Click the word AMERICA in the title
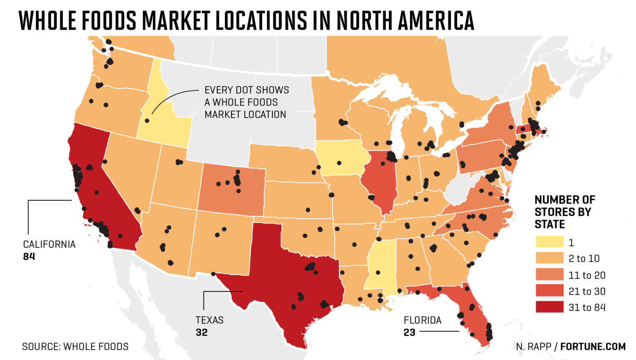pos(436,21)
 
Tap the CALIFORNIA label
pos(49,245)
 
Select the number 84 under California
pos(29,257)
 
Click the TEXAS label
pos(210,320)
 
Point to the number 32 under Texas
pos(202,333)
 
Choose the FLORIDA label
pos(422,320)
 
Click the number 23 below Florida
pos(410,333)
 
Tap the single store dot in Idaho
pos(147,121)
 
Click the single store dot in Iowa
pos(339,163)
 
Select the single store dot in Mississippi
pos(378,273)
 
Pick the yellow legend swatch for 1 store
pos(549,242)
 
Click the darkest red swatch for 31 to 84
pos(549,307)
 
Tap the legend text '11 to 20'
pos(587,275)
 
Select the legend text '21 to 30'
pos(587,291)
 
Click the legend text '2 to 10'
pos(584,259)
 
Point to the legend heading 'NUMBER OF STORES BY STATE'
pos(564,212)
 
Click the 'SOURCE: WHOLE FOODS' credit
pos(75,347)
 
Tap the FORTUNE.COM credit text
pos(593,347)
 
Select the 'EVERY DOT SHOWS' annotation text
pos(247,90)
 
